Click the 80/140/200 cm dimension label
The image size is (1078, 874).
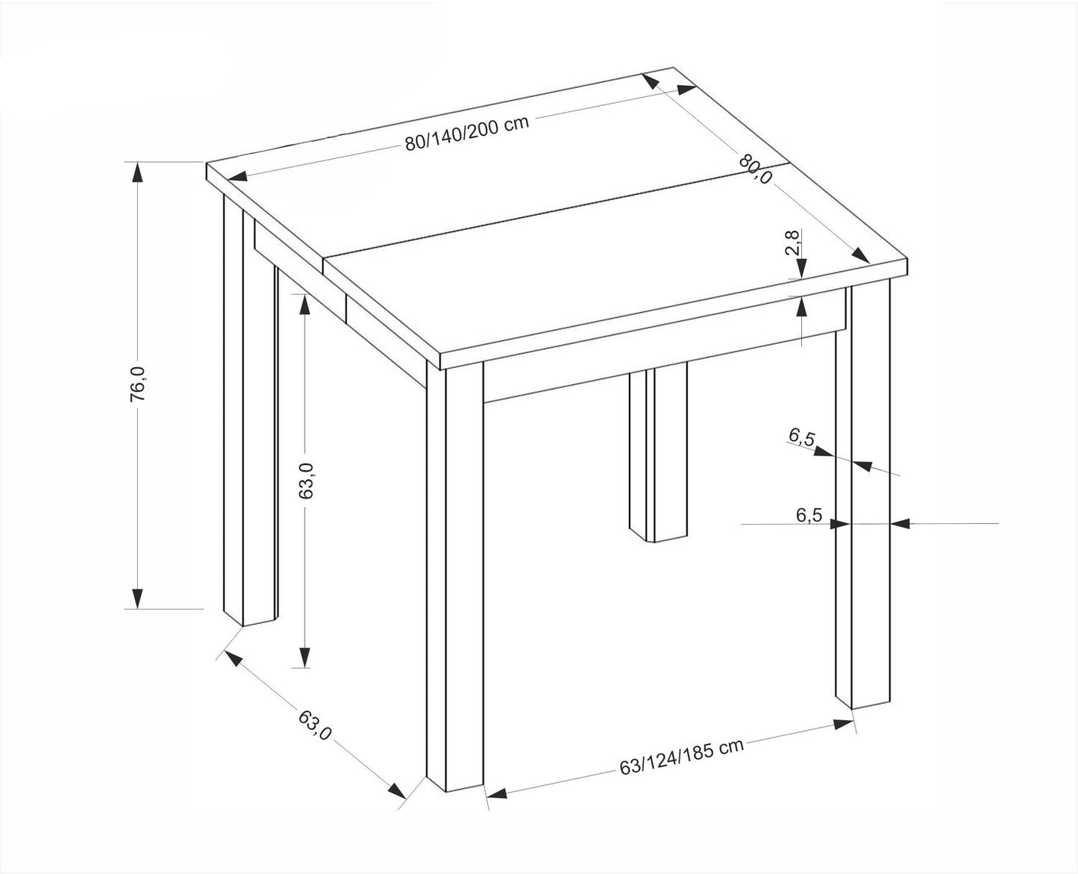pyautogui.click(x=466, y=133)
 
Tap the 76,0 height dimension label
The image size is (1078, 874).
pyautogui.click(x=138, y=384)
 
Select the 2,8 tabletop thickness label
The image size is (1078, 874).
pyautogui.click(x=792, y=243)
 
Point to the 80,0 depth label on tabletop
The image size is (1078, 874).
pyautogui.click(x=755, y=169)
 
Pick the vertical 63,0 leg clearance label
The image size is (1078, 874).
pyautogui.click(x=306, y=481)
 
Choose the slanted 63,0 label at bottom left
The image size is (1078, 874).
pyautogui.click(x=314, y=725)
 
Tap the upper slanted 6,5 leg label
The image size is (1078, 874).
pyautogui.click(x=801, y=437)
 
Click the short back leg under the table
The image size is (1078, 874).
pyautogui.click(x=658, y=452)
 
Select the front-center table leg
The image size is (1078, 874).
pyautogui.click(x=454, y=577)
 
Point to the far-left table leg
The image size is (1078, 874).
pyautogui.click(x=251, y=411)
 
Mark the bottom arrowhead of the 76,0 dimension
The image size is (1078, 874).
pyautogui.click(x=137, y=598)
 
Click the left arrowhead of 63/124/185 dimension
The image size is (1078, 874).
pyautogui.click(x=497, y=793)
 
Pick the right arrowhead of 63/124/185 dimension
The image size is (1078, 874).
pyautogui.click(x=843, y=724)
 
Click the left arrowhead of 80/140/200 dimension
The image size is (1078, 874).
pyautogui.click(x=236, y=176)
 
